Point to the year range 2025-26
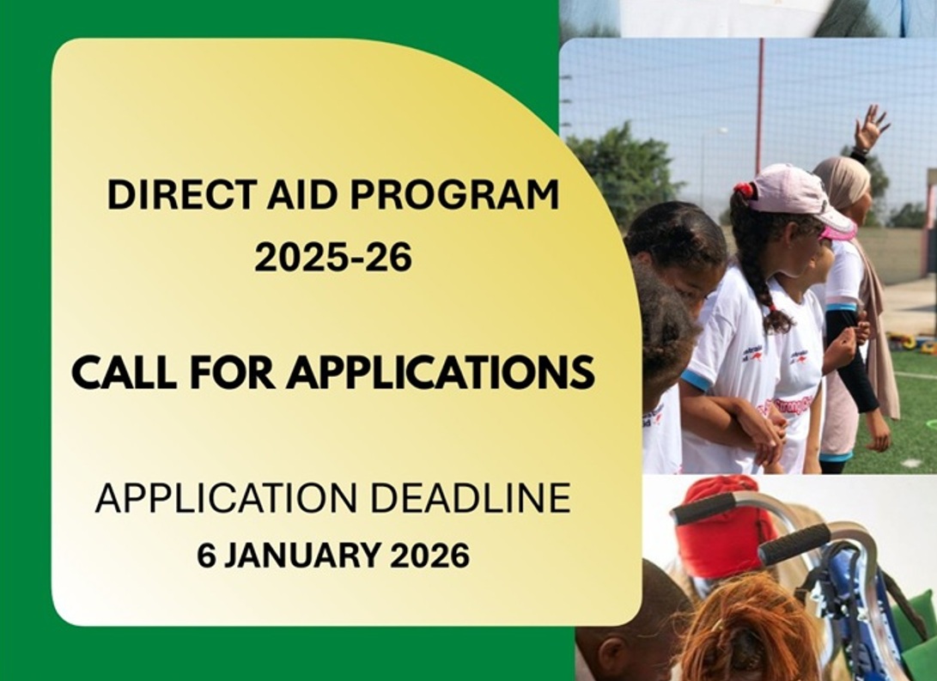pos(333,258)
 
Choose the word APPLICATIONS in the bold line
pos(441,372)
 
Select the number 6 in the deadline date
pos(207,555)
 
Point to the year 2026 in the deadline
pos(429,555)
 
